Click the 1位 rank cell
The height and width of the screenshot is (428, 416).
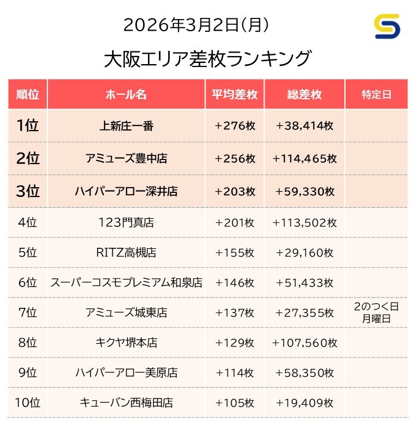tap(27, 125)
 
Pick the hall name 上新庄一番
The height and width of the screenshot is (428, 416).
tap(126, 126)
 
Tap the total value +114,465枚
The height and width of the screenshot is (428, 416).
tap(304, 158)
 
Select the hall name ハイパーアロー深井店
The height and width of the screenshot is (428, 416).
tap(126, 191)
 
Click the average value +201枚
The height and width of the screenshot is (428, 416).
tap(234, 222)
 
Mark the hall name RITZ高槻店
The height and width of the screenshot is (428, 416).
tap(126, 252)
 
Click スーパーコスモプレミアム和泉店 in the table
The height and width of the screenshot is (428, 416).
tap(126, 283)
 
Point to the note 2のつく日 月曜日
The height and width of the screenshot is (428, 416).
tap(376, 312)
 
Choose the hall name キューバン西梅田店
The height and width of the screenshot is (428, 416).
tap(126, 403)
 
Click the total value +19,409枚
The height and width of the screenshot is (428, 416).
tap(304, 403)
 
